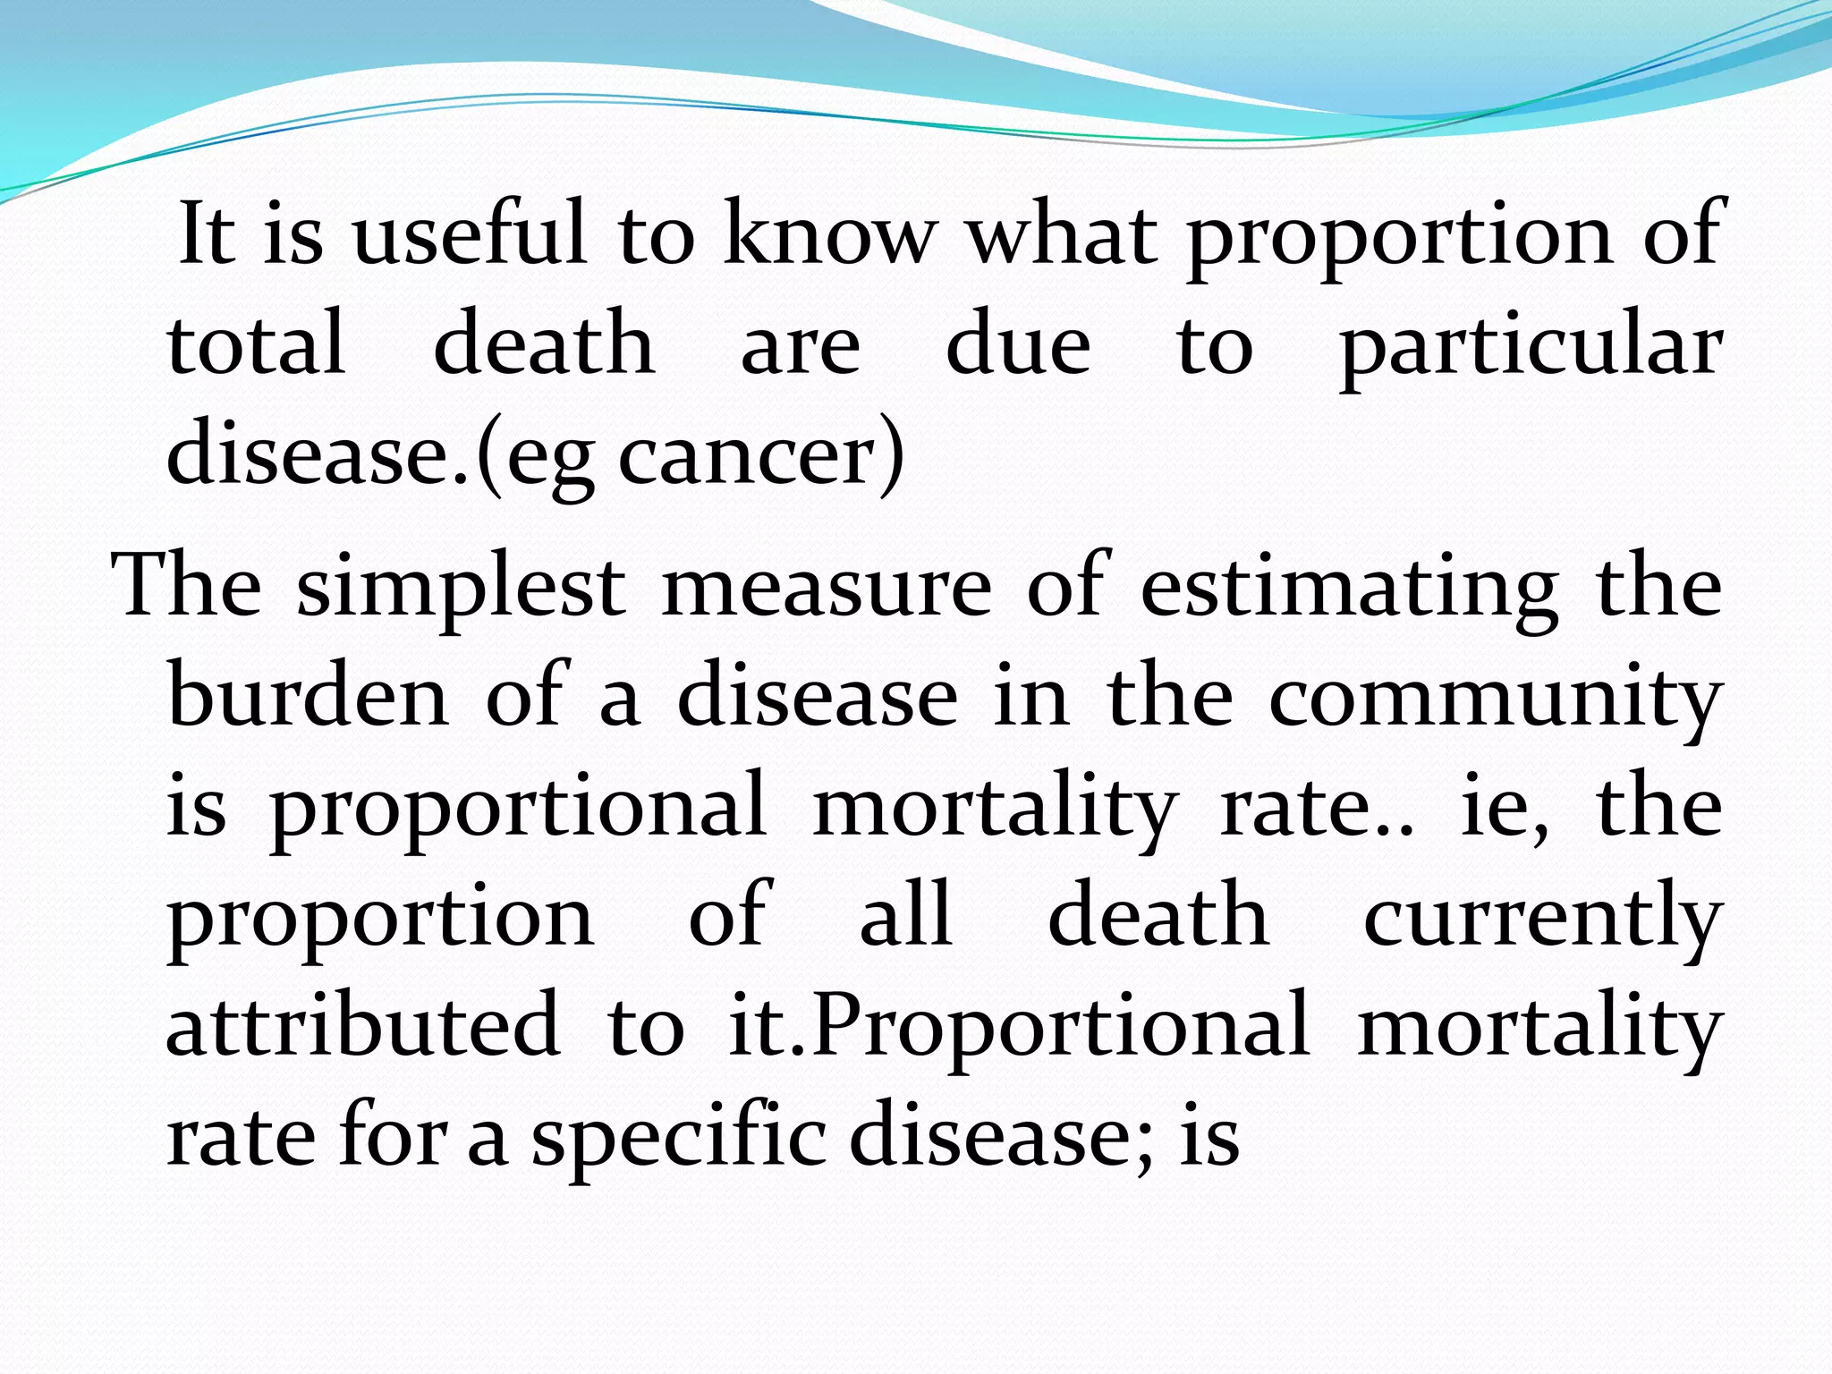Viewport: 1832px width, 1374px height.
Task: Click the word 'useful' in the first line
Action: coord(471,234)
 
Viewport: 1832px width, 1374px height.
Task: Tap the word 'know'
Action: coord(829,234)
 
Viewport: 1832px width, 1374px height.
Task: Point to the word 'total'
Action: coord(256,344)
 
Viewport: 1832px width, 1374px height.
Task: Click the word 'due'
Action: coord(1018,344)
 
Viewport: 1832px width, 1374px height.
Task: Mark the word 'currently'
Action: coord(1542,918)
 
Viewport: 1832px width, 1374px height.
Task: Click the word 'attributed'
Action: coord(363,1027)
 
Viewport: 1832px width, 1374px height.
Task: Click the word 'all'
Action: coord(905,916)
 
